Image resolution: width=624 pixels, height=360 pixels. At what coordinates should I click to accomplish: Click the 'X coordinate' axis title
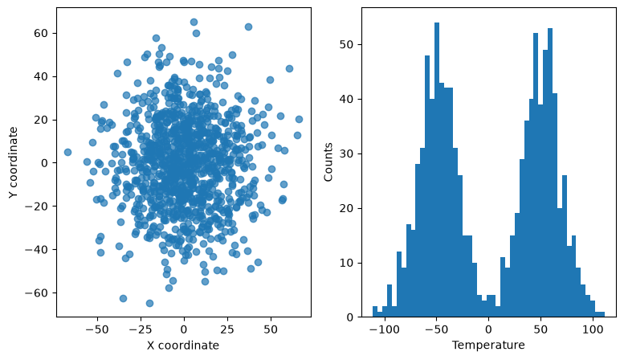183,345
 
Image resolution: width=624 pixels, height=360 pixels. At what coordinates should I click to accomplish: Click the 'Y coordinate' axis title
13,162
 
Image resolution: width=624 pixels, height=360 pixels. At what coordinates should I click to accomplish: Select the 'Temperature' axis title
488,345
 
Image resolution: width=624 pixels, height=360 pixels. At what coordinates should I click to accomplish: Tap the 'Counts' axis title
328,162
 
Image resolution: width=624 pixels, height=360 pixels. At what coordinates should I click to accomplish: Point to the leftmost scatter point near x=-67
67,152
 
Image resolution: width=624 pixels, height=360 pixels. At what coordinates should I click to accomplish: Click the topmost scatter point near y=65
194,22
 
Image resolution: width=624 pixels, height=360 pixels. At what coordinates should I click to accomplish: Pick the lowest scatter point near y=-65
149,304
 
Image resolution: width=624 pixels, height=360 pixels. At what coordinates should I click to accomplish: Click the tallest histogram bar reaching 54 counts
437,170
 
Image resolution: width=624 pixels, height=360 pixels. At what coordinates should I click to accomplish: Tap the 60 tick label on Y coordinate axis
41,33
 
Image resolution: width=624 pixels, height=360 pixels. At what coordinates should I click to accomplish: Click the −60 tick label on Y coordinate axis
36,293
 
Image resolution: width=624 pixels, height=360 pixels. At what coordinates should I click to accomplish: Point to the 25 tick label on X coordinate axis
227,329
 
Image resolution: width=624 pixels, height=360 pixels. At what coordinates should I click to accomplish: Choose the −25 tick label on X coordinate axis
137,329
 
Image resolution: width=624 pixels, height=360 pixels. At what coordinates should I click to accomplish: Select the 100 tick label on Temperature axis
593,329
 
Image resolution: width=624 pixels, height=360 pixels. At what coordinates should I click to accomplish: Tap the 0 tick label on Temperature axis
489,329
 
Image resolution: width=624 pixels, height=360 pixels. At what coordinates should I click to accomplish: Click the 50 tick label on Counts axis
346,45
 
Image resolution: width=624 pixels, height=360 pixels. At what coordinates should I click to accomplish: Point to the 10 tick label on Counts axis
346,264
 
